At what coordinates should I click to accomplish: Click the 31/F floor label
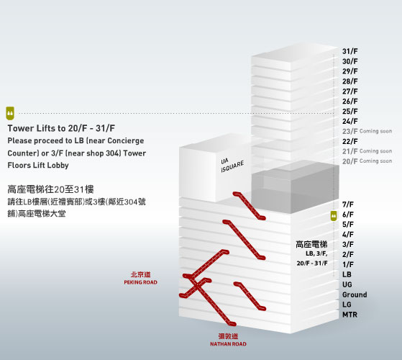[350, 51]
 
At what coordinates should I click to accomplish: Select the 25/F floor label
[350, 112]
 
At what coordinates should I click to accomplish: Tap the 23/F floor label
[350, 131]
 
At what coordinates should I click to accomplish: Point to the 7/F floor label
[348, 204]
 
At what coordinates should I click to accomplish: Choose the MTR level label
[350, 315]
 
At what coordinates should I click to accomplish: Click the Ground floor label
[355, 294]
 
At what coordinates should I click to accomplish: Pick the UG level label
[347, 284]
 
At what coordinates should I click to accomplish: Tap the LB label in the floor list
[347, 274]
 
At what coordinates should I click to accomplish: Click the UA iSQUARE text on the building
[232, 165]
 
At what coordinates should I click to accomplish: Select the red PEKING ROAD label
[140, 282]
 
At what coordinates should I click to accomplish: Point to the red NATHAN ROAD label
[228, 344]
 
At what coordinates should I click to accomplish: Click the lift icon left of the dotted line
[10, 113]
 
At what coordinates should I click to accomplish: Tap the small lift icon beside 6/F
[334, 216]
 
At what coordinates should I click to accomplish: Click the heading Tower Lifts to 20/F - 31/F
[61, 128]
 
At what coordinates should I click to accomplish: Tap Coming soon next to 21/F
[375, 151]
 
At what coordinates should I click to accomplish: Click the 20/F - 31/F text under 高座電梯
[312, 264]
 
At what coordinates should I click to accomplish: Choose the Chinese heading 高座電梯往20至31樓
[50, 189]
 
